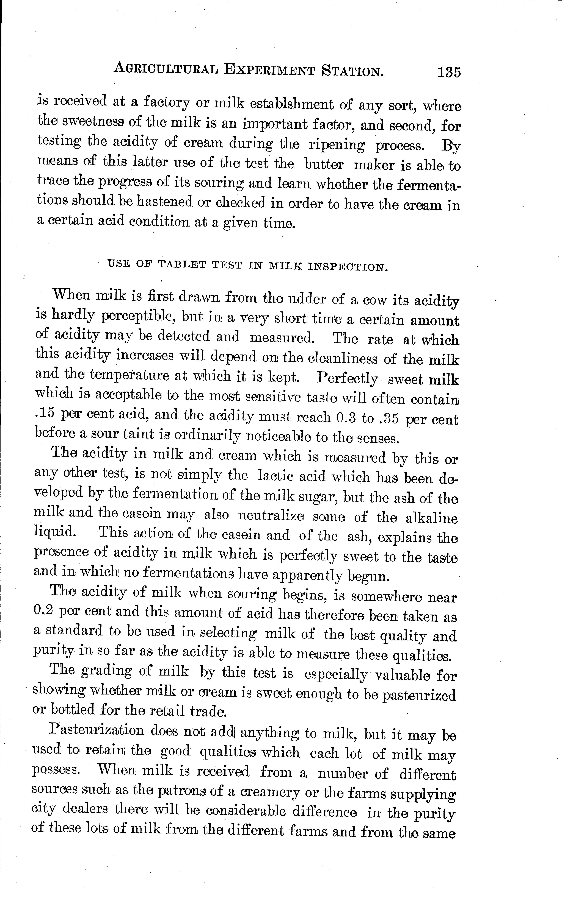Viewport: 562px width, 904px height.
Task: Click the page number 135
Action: click(x=449, y=72)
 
